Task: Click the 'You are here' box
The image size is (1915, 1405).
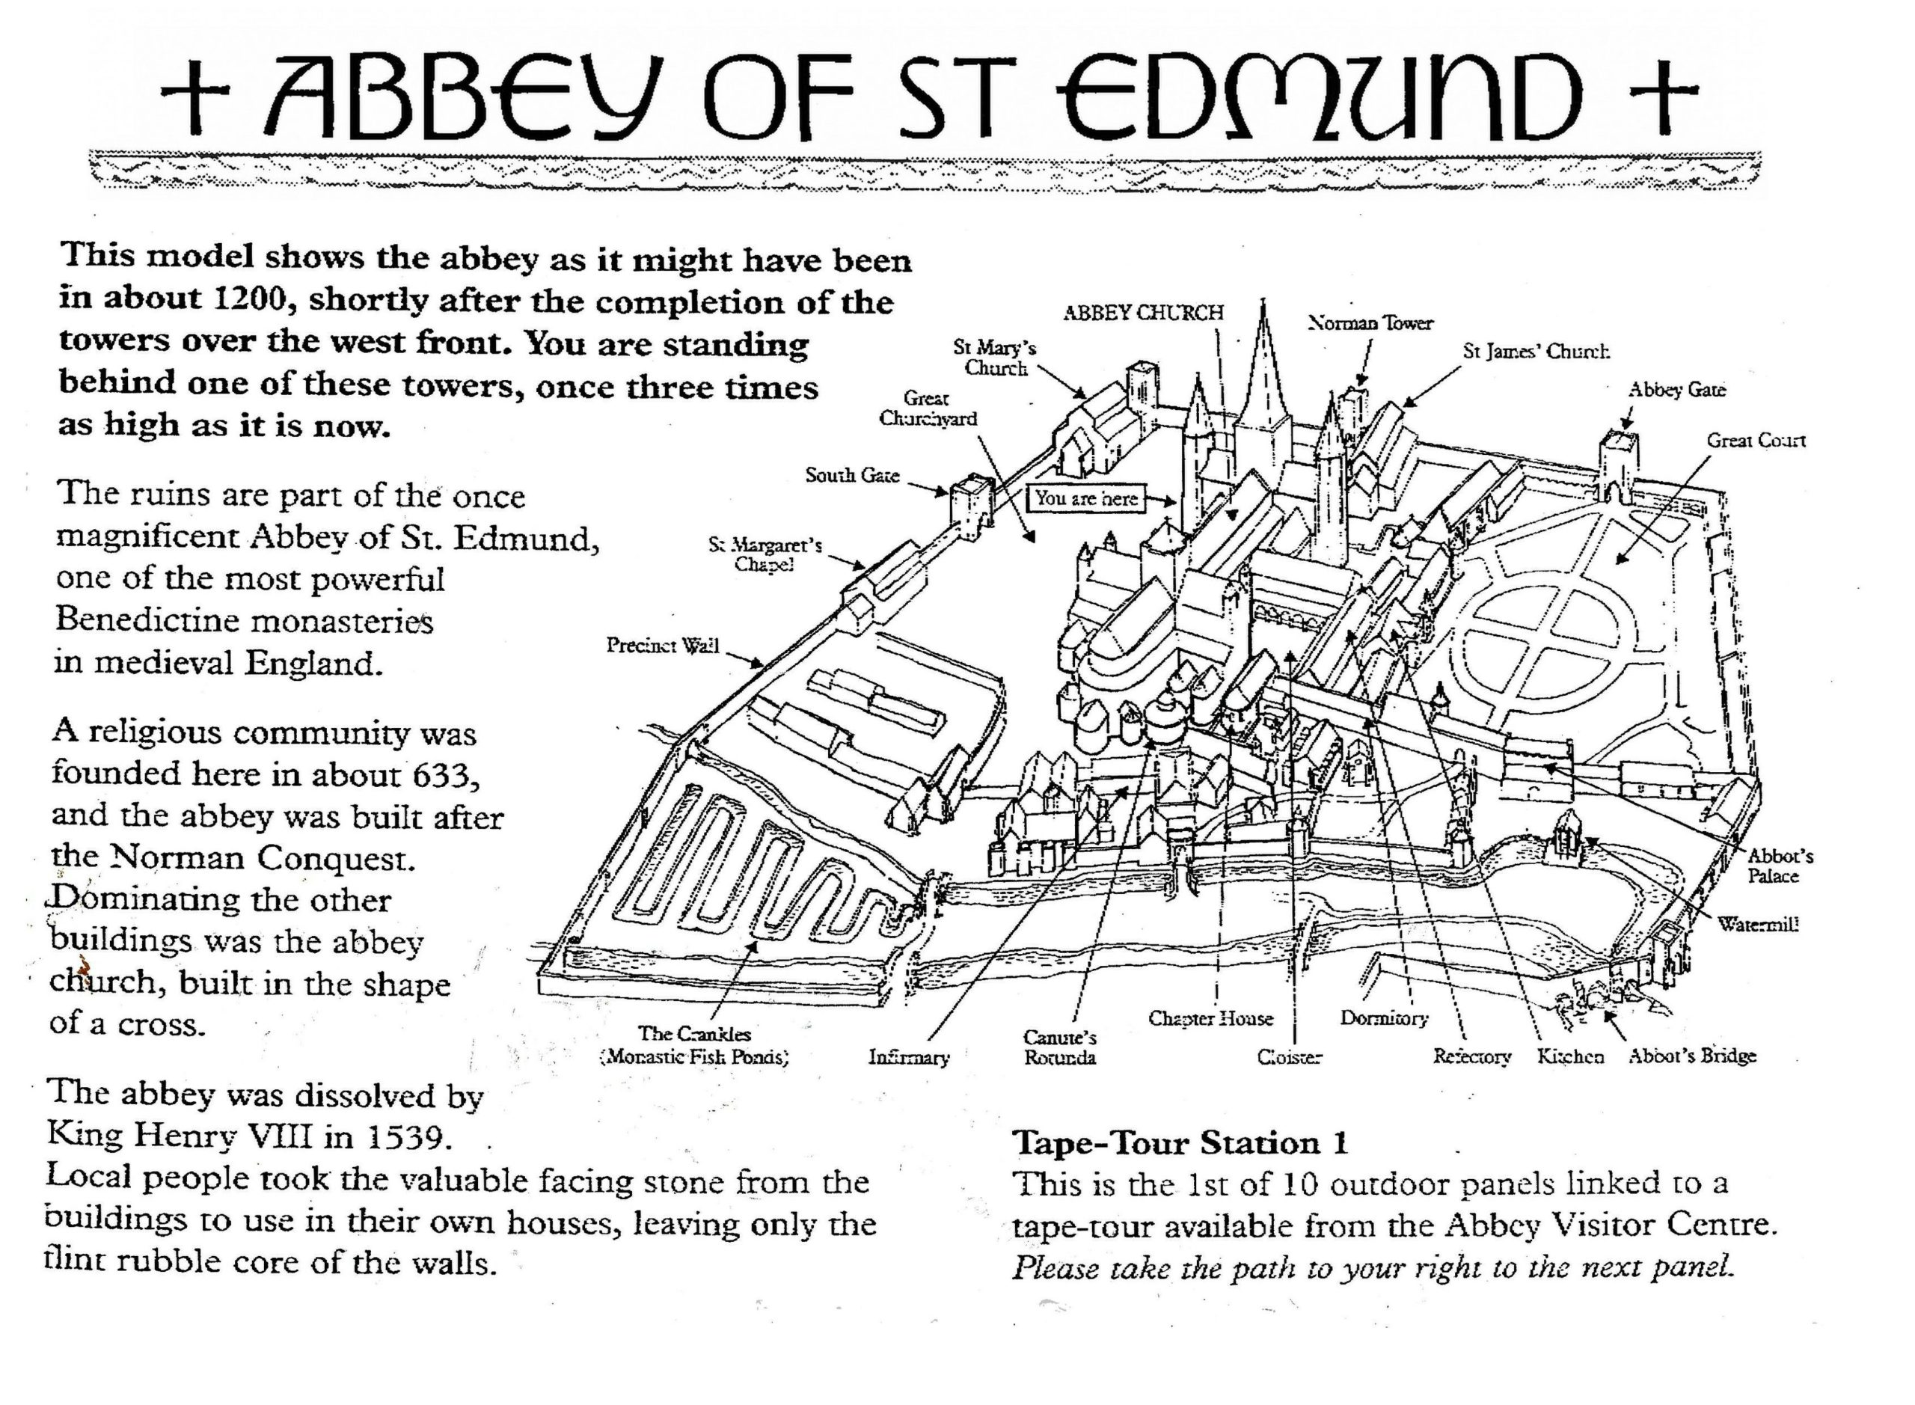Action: (x=1085, y=498)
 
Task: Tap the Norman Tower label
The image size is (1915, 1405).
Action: (x=1370, y=323)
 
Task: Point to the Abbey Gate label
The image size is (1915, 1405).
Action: (x=1677, y=390)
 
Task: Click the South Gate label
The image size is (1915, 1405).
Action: (x=852, y=475)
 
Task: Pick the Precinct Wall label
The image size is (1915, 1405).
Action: (x=663, y=646)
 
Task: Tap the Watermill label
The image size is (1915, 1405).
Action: (x=1758, y=925)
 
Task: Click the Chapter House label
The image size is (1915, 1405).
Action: (x=1210, y=1018)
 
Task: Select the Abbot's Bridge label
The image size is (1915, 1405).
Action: (x=1692, y=1056)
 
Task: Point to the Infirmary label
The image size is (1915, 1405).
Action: (x=908, y=1058)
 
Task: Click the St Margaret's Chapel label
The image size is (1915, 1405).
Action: (x=765, y=554)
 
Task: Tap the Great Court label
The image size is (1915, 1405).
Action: (x=1756, y=441)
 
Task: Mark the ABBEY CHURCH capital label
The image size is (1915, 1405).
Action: (x=1143, y=313)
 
